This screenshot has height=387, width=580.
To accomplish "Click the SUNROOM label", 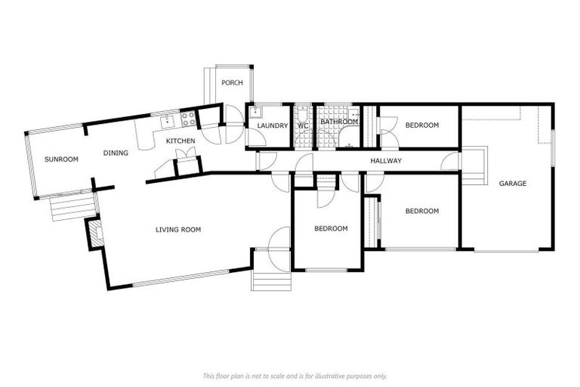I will coord(61,159).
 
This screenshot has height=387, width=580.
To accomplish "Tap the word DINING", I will coord(116,153).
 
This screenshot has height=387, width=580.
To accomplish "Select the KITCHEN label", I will coord(180,141).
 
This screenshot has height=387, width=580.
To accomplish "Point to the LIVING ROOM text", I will coord(178,230).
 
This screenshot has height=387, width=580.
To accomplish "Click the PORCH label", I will coord(232,83).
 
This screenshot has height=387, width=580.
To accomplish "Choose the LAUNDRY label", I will coord(273,125).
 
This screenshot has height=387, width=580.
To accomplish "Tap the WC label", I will coord(302,125).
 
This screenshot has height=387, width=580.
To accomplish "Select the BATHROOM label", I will coord(338,122).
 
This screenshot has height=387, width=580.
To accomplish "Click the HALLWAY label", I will coord(385,161).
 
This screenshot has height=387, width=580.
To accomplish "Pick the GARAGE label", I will coord(513,183).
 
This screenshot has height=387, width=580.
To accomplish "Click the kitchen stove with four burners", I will coord(187,119).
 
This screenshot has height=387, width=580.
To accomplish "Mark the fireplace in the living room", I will coord(94,232).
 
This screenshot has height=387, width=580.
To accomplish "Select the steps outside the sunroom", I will coord(74,206).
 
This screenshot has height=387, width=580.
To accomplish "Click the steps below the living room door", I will coord(271,280).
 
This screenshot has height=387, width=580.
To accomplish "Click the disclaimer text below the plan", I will coord(295,376).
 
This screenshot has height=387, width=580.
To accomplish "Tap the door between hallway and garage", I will coord(451,161).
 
